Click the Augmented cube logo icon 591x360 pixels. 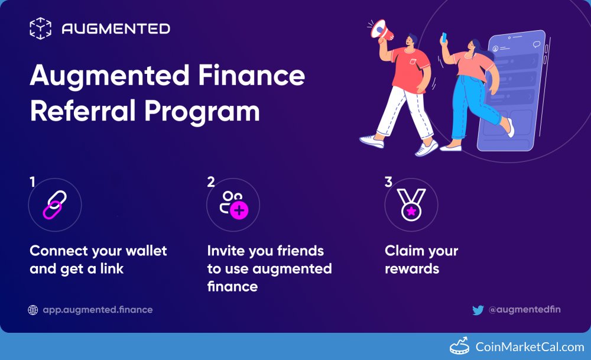tap(40, 28)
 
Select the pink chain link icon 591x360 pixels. tap(55, 205)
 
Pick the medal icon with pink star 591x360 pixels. tap(410, 205)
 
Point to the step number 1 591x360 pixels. tap(33, 182)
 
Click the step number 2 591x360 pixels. tap(211, 182)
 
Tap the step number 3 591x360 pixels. tap(388, 182)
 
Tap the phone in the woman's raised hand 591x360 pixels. tap(444, 38)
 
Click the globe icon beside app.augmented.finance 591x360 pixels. tap(33, 310)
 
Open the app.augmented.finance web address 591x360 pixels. tap(98, 310)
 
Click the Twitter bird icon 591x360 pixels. tap(478, 310)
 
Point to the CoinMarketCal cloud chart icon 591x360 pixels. tap(459, 346)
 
